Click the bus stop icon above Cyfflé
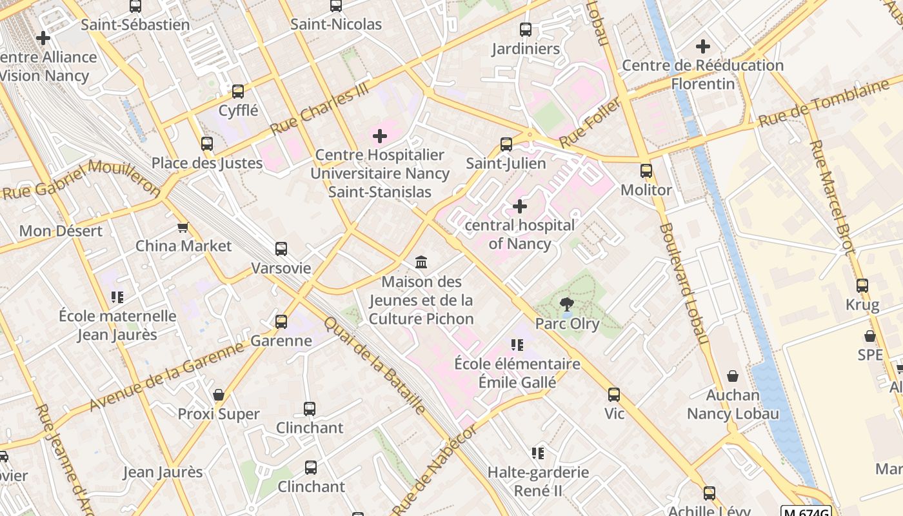pyautogui.click(x=238, y=92)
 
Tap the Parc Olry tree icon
pyautogui.click(x=567, y=304)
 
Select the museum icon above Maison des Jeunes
pyautogui.click(x=422, y=262)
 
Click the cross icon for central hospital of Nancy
pyautogui.click(x=519, y=206)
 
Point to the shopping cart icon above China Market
pyautogui.click(x=183, y=227)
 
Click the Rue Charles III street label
pyautogui.click(x=321, y=110)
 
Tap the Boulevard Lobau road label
pyautogui.click(x=684, y=284)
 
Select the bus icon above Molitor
pyautogui.click(x=646, y=171)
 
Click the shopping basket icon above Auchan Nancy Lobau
pyautogui.click(x=733, y=375)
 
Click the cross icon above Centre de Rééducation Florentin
pyautogui.click(x=703, y=46)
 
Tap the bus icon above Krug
pyautogui.click(x=862, y=285)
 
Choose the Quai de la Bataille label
pyautogui.click(x=375, y=365)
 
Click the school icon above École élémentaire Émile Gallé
pyautogui.click(x=517, y=345)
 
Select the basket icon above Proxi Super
pyautogui.click(x=219, y=395)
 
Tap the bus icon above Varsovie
pyautogui.click(x=281, y=249)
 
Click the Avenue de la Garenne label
pyautogui.click(x=167, y=376)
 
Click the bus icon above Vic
pyautogui.click(x=614, y=394)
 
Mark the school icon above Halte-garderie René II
pyautogui.click(x=537, y=453)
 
